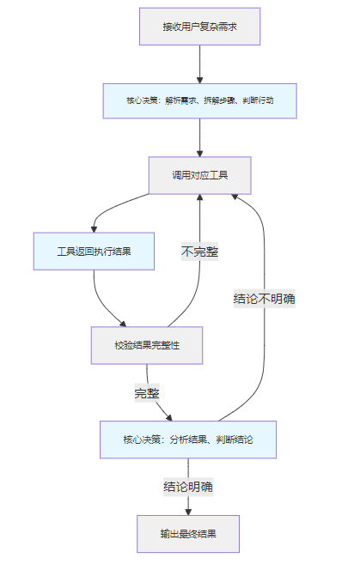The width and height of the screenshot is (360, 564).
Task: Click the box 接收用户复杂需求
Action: [x=200, y=27]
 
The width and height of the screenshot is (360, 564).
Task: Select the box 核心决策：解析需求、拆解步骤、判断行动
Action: [x=200, y=100]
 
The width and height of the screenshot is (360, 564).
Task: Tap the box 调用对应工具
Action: [x=200, y=175]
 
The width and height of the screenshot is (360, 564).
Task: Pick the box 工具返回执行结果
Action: [x=94, y=251]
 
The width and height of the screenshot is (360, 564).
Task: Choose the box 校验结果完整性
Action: [x=147, y=345]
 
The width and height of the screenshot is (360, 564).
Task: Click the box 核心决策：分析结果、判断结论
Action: [x=188, y=440]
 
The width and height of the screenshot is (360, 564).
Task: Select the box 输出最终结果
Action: [x=188, y=534]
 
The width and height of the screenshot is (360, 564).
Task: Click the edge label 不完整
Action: [x=200, y=252]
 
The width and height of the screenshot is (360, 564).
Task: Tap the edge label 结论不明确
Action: [x=265, y=299]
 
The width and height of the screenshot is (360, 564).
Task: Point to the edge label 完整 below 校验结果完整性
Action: [x=147, y=393]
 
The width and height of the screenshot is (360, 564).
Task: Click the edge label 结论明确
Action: [x=188, y=487]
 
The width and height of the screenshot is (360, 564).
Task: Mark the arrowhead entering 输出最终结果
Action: [x=188, y=512]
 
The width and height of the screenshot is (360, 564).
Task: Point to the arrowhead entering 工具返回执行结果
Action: [x=94, y=229]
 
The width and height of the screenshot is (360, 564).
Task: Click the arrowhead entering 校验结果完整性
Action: [x=123, y=324]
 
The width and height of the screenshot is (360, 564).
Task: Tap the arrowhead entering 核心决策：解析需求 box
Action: [x=200, y=80]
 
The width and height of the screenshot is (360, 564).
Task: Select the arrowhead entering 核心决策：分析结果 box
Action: [x=169, y=417]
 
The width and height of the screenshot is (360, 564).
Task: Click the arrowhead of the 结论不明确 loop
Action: [x=235, y=197]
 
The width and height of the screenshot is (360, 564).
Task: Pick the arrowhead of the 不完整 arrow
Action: [x=200, y=197]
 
